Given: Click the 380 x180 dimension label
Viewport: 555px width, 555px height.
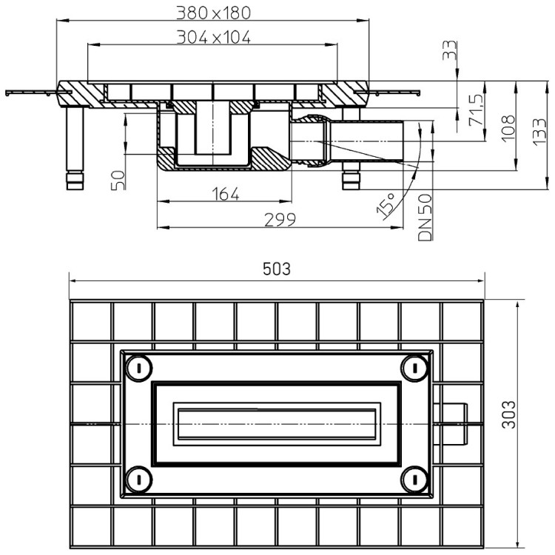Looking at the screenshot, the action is (213, 13).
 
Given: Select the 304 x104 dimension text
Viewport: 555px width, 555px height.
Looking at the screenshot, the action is (213, 37).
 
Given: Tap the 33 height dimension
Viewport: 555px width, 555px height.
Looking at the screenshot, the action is (449, 50).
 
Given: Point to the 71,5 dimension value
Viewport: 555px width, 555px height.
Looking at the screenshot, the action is (476, 110).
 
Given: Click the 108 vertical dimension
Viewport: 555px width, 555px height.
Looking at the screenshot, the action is (508, 128).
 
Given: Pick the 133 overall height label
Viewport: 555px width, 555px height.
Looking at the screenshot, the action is (539, 131).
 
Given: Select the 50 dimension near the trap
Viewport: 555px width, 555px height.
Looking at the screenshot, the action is (118, 180).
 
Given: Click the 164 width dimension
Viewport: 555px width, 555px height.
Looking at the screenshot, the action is (226, 194).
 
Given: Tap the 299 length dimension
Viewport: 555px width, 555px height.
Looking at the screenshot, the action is (280, 220).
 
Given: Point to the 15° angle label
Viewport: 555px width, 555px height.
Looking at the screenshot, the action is (386, 204).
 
